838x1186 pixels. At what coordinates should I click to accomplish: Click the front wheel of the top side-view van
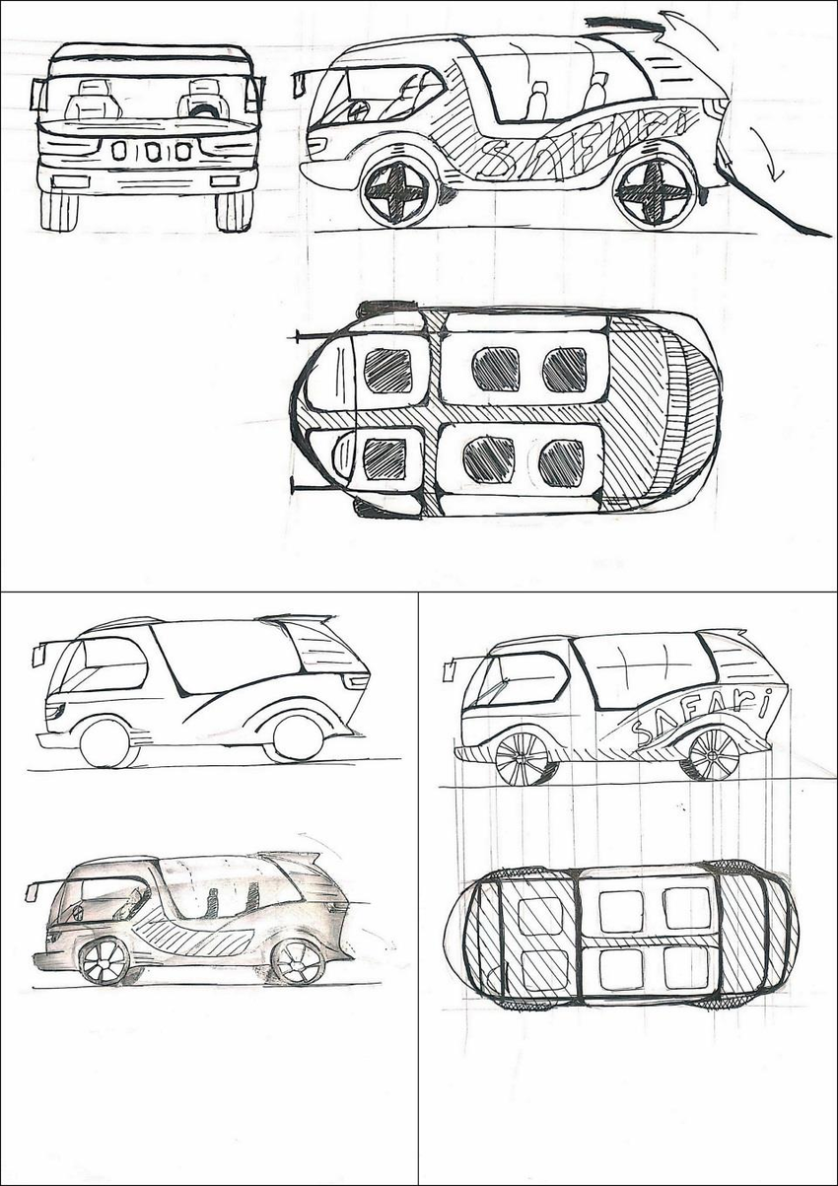point(398,193)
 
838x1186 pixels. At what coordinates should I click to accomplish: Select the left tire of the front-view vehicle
point(59,210)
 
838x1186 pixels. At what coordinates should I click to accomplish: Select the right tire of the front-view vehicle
point(234,210)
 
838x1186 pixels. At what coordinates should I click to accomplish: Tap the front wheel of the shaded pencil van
point(105,960)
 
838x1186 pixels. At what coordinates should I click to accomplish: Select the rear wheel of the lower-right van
point(708,754)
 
